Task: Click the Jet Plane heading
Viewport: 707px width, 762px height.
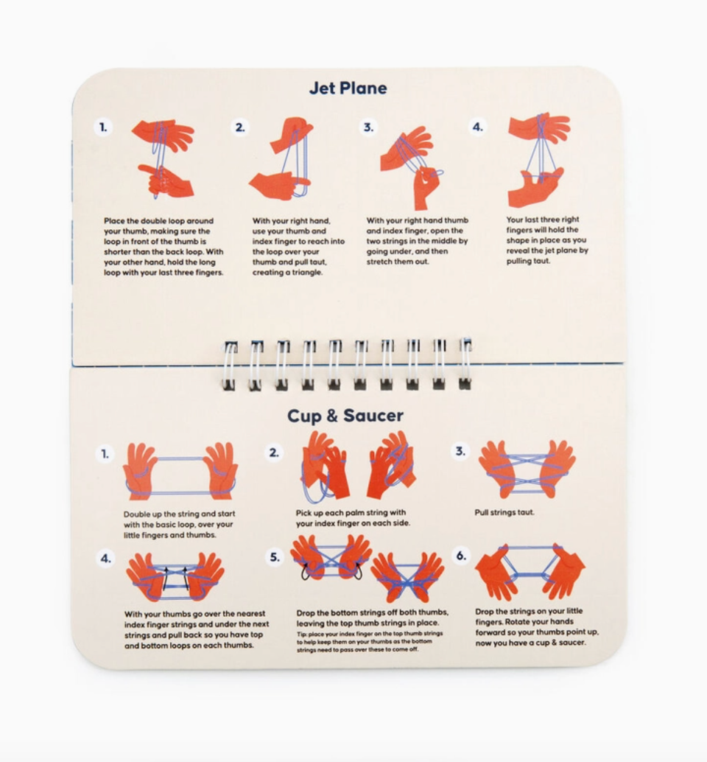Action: click(x=348, y=88)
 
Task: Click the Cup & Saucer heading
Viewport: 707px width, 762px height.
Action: click(x=345, y=416)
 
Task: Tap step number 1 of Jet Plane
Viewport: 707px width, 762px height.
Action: click(x=103, y=127)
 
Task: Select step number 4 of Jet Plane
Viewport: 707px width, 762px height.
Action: click(x=478, y=127)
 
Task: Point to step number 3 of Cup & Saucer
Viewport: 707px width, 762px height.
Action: click(x=460, y=451)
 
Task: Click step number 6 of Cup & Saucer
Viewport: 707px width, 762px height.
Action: click(x=461, y=556)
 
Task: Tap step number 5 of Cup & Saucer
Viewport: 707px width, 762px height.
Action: click(x=275, y=557)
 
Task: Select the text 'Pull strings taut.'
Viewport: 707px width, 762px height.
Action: click(x=504, y=512)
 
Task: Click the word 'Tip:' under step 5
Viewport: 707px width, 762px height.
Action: click(x=302, y=634)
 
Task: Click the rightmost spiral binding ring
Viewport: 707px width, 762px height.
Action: click(x=465, y=363)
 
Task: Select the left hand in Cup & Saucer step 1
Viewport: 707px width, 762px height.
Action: click(x=141, y=471)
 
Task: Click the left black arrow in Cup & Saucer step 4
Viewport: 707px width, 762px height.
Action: click(x=166, y=579)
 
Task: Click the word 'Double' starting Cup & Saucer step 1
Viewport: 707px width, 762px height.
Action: click(x=136, y=514)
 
